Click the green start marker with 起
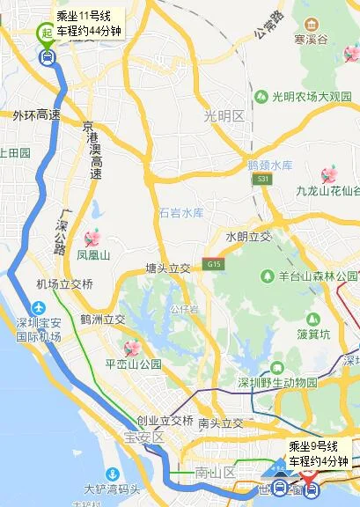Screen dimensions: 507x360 (x=46, y=33)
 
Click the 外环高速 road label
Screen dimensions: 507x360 (x=37, y=115)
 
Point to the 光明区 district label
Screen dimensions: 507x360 (x=224, y=116)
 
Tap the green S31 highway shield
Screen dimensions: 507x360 (x=264, y=179)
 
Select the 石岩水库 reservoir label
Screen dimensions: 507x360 (x=181, y=212)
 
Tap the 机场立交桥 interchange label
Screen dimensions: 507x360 (x=64, y=283)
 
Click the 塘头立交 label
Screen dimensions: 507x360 (x=167, y=268)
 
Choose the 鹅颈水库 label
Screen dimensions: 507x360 (x=269, y=165)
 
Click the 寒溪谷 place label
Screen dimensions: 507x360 (x=311, y=40)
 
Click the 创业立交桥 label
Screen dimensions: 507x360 (x=165, y=420)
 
